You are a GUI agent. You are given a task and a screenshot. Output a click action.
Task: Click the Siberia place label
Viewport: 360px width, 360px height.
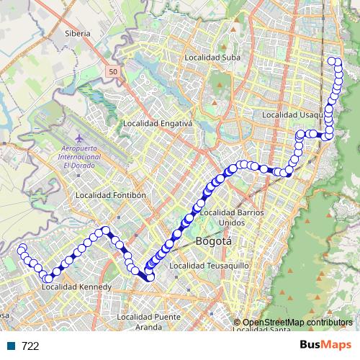pyautogui.click(x=77, y=33)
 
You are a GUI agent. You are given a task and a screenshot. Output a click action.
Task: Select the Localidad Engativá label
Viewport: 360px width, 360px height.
pyautogui.click(x=158, y=123)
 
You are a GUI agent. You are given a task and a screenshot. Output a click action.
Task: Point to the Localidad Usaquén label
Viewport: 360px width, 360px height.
pyautogui.click(x=292, y=114)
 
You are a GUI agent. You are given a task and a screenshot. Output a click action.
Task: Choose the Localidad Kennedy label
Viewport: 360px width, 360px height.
pyautogui.click(x=76, y=287)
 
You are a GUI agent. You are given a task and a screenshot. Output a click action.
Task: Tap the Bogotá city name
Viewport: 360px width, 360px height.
pyautogui.click(x=213, y=242)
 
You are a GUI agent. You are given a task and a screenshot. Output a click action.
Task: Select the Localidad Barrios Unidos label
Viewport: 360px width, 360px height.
pyautogui.click(x=232, y=217)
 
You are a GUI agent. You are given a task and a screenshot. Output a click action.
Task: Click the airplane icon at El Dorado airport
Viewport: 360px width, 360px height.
pyautogui.click(x=78, y=137)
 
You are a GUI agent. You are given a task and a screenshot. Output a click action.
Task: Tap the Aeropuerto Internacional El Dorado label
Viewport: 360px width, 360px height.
pyautogui.click(x=80, y=156)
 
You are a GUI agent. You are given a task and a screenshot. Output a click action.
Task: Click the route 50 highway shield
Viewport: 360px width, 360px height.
pyautogui.click(x=114, y=72)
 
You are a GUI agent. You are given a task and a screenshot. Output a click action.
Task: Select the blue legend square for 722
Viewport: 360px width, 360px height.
pyautogui.click(x=12, y=346)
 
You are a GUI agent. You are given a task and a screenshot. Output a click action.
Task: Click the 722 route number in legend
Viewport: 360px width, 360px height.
pyautogui.click(x=30, y=346)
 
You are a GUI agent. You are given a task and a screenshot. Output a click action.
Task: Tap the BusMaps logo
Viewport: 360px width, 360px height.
pyautogui.click(x=325, y=345)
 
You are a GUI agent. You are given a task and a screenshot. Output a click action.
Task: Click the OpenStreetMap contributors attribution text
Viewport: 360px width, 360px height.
pyautogui.click(x=297, y=322)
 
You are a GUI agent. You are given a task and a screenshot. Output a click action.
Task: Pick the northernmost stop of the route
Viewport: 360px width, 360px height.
pyautogui.click(x=333, y=61)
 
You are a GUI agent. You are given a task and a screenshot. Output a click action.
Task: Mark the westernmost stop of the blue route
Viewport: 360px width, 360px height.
pyautogui.click(x=19, y=248)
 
